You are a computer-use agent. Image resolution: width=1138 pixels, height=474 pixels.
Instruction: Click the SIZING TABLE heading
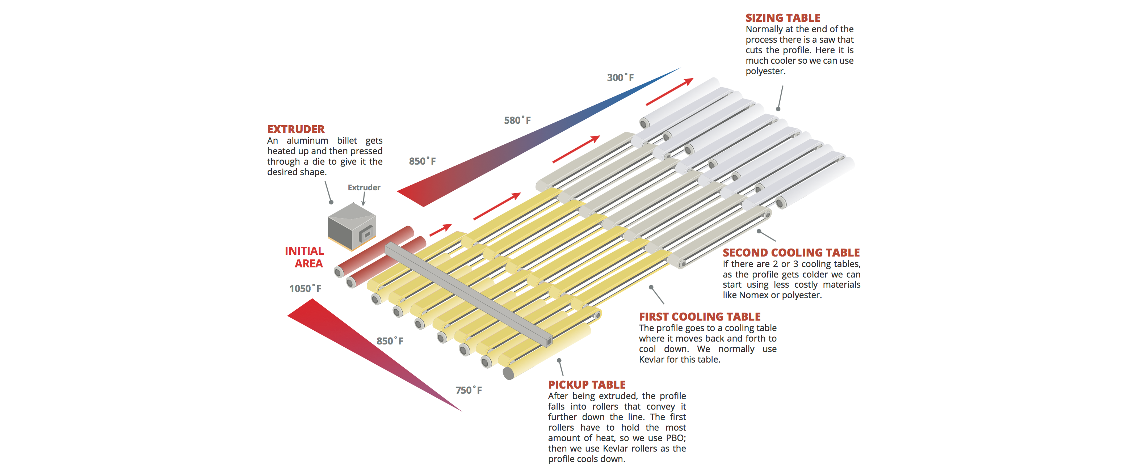coord(782,18)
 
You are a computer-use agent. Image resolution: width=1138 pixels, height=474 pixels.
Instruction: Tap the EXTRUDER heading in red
coord(295,129)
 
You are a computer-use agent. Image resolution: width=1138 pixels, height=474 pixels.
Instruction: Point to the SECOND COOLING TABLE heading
coord(791,253)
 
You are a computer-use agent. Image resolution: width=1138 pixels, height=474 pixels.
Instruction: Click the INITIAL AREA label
coord(305,257)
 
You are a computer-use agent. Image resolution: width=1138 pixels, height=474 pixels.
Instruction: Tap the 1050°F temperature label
coord(305,289)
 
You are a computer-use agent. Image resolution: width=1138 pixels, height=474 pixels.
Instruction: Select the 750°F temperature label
coord(468,390)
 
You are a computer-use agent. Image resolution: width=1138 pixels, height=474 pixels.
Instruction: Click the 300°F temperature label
coord(620,78)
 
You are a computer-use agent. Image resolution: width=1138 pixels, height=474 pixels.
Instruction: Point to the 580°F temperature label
coord(517,120)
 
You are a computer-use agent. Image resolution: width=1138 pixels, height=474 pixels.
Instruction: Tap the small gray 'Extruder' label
coord(364,187)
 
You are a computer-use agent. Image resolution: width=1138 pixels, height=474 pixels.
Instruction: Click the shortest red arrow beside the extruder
coord(440,229)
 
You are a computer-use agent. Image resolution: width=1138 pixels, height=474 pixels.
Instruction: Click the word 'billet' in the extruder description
coord(347,140)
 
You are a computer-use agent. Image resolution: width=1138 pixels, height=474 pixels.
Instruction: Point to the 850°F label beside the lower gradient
coord(390,341)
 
